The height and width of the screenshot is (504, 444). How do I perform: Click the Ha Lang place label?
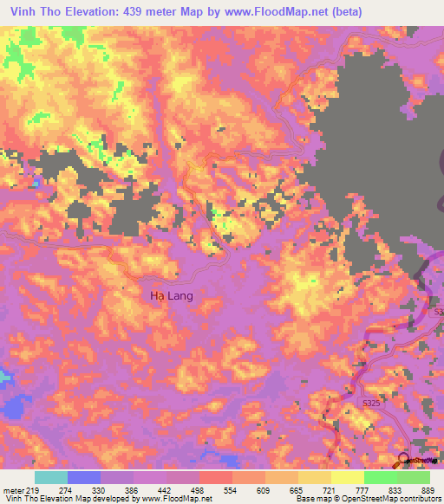coord(172,295)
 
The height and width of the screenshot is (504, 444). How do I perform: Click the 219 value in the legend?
coord(33,489)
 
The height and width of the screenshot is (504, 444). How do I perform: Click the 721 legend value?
coord(316,489)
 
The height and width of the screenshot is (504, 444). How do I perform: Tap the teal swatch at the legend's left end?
coord(50,477)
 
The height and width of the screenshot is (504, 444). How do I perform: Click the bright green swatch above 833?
coord(381,477)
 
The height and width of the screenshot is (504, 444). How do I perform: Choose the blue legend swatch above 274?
coord(84,477)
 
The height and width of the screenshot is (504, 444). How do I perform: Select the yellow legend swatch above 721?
coord(315,477)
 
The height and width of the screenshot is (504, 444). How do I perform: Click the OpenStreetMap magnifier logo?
coord(404,460)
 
